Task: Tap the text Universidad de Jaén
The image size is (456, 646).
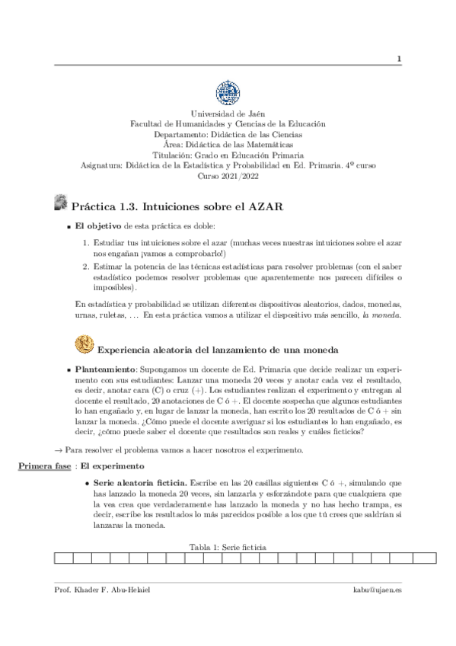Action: click(x=228, y=114)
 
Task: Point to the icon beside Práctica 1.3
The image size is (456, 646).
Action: click(x=61, y=203)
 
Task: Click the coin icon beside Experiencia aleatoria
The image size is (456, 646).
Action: click(x=84, y=345)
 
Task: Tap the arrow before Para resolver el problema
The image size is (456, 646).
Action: click(x=59, y=449)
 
